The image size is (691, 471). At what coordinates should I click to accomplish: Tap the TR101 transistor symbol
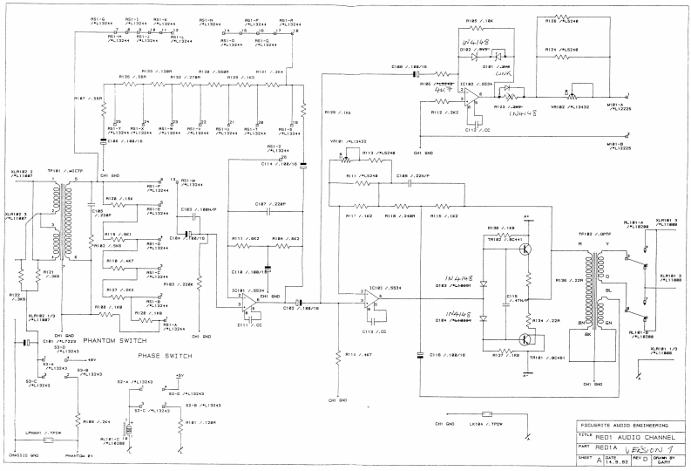523,338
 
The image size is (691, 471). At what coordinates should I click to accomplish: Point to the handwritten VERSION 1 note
640,446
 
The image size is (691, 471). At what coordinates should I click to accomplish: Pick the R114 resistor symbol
336,355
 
